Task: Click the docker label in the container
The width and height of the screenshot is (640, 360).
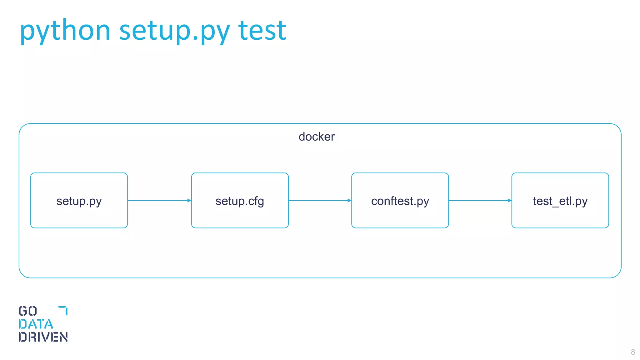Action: pyautogui.click(x=317, y=137)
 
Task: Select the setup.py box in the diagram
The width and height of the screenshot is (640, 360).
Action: pyautogui.click(x=79, y=201)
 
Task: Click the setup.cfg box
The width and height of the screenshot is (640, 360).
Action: pyautogui.click(x=240, y=201)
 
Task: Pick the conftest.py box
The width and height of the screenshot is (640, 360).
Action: pyautogui.click(x=400, y=201)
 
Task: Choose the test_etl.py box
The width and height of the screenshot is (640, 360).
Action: pyautogui.click(x=560, y=201)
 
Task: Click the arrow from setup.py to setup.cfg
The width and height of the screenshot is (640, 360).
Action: pyautogui.click(x=158, y=200)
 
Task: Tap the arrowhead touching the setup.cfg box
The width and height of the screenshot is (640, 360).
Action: pyautogui.click(x=189, y=200)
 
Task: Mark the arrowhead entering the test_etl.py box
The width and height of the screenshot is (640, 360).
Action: pyautogui.click(x=509, y=200)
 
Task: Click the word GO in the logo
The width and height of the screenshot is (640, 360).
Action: pyautogui.click(x=28, y=311)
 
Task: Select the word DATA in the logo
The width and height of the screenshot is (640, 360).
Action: pyautogui.click(x=36, y=324)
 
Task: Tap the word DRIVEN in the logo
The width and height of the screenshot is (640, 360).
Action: pyautogui.click(x=43, y=337)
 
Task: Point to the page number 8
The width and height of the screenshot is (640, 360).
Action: pyautogui.click(x=633, y=352)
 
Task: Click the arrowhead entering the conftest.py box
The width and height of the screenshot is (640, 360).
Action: pyautogui.click(x=349, y=200)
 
